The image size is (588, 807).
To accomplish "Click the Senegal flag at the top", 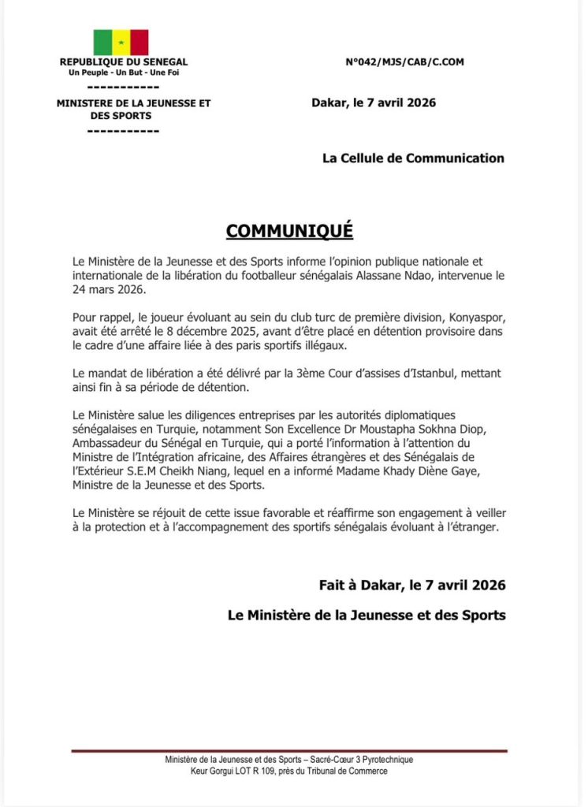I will coord(121,43).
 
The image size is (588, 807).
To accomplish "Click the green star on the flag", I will coord(121,43).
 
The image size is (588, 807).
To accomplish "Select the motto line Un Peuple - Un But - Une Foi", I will coord(124,73).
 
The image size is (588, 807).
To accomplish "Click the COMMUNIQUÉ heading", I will coord(289,231).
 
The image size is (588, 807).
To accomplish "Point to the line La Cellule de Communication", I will coord(413,158).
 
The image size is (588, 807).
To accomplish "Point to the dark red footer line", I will coord(288,751).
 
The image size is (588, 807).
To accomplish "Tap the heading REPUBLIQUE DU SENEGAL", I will coord(124,61).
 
